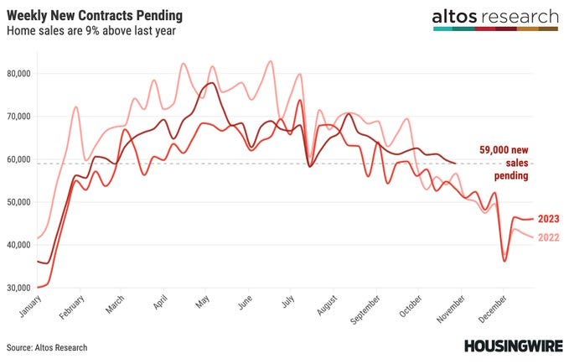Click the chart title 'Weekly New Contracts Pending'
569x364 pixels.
[95, 16]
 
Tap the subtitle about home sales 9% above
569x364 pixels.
[91, 31]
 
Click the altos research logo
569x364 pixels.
[495, 20]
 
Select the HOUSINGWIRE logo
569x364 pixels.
[514, 346]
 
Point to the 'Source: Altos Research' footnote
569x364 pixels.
[47, 348]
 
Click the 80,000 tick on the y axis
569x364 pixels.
[19, 74]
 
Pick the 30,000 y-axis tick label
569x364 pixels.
[19, 288]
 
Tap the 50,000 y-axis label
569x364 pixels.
[19, 202]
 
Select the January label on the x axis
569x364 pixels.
[30, 306]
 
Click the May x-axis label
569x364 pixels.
[203, 301]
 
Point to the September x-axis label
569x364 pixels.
[365, 309]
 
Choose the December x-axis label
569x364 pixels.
[492, 309]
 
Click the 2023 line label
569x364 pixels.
[548, 219]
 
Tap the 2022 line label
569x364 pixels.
[548, 237]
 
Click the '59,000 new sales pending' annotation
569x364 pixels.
[504, 163]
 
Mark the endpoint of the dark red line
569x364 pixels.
[455, 163]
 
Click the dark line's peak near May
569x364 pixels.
[212, 83]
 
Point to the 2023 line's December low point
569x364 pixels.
[504, 261]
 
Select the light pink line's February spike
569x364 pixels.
[75, 107]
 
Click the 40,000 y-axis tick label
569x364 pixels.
[19, 245]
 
